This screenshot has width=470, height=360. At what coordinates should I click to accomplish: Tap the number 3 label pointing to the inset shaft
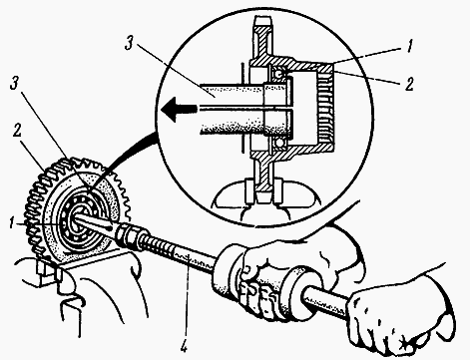(x=130, y=44)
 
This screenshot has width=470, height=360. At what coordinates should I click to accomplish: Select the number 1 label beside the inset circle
(x=410, y=46)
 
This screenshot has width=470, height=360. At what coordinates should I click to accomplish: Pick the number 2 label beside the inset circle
(x=409, y=84)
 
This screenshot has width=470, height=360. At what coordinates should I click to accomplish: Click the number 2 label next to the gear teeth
(x=17, y=131)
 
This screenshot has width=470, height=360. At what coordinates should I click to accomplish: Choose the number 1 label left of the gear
(x=12, y=223)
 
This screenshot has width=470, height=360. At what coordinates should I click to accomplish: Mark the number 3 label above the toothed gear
(x=14, y=85)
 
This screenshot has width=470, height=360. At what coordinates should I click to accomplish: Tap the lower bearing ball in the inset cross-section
(x=279, y=143)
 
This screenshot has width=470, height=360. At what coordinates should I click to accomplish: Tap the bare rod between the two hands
(x=327, y=302)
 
